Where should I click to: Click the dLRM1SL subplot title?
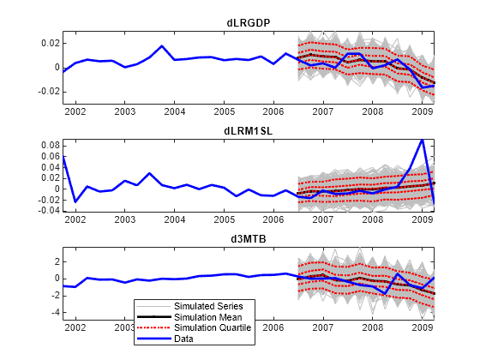(x=249, y=131)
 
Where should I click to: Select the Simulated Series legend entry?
(x=209, y=306)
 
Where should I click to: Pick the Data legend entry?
(x=184, y=339)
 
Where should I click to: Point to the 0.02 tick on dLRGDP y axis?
(x=50, y=43)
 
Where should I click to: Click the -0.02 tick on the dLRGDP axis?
(x=48, y=91)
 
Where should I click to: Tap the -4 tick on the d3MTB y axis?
(x=54, y=313)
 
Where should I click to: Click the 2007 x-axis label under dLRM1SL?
(x=322, y=219)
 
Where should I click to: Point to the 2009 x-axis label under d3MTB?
(x=422, y=327)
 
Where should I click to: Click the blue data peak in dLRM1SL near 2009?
(x=422, y=140)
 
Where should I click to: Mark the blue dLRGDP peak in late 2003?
(x=162, y=46)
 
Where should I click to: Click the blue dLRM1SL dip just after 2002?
(x=75, y=202)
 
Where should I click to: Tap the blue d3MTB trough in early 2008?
(x=385, y=294)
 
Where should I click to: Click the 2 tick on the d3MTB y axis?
(x=56, y=261)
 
